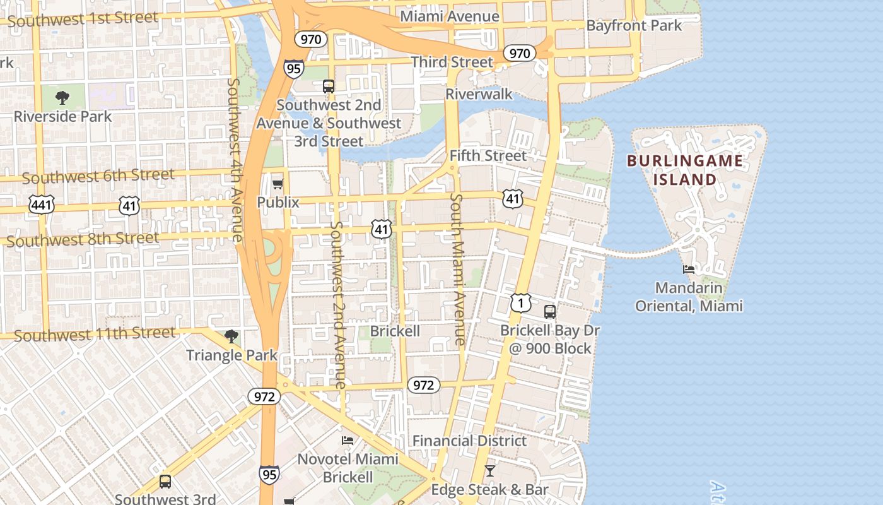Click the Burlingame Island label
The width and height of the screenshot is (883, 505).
(685, 170)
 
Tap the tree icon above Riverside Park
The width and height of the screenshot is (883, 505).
(62, 98)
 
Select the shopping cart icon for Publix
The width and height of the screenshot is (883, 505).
(278, 184)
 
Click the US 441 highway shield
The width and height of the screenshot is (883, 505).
(42, 205)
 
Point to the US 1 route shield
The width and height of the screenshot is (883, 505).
(521, 304)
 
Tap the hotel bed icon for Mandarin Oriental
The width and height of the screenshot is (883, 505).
(689, 270)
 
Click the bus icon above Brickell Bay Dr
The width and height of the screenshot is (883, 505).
(550, 311)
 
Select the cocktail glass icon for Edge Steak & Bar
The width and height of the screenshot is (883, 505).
(489, 471)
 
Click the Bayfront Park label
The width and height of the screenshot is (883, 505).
(634, 26)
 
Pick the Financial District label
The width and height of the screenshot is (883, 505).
(469, 441)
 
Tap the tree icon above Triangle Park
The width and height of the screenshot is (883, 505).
(231, 336)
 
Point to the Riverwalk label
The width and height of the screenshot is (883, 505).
(479, 94)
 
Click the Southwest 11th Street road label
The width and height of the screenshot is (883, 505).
(95, 334)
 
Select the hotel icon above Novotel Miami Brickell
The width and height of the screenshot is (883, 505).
(348, 441)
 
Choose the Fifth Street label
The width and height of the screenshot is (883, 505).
(488, 155)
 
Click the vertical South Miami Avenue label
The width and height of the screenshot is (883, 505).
(458, 269)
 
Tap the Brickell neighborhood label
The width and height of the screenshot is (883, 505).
(395, 331)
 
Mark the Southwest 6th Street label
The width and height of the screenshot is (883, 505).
(98, 176)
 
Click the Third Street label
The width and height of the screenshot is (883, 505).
(452, 62)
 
